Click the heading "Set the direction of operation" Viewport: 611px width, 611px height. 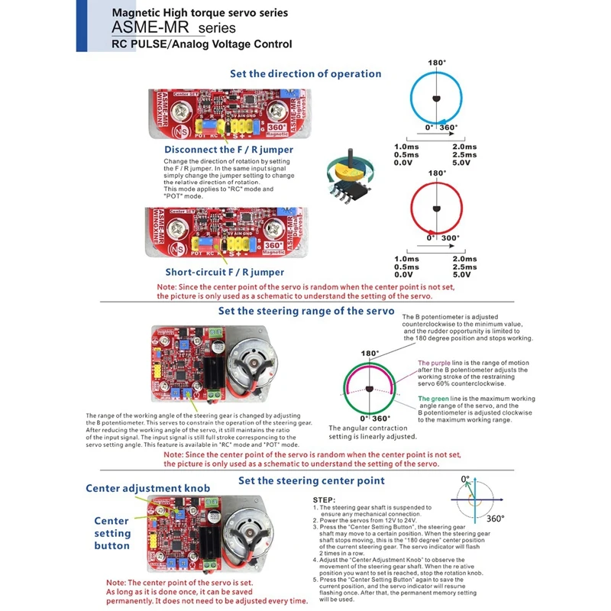tap(305, 74)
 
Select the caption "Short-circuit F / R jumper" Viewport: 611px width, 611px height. tap(225, 272)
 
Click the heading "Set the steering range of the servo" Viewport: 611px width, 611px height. tap(305, 312)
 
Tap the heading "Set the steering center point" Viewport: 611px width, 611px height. tap(312, 480)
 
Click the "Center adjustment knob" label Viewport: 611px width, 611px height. tap(147, 488)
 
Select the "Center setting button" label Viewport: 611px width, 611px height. tap(112, 533)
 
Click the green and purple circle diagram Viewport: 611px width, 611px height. tap(370, 388)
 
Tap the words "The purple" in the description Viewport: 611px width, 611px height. tap(433, 363)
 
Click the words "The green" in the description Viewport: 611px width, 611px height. tap(432, 398)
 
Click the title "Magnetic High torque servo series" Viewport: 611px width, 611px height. tap(199, 13)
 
